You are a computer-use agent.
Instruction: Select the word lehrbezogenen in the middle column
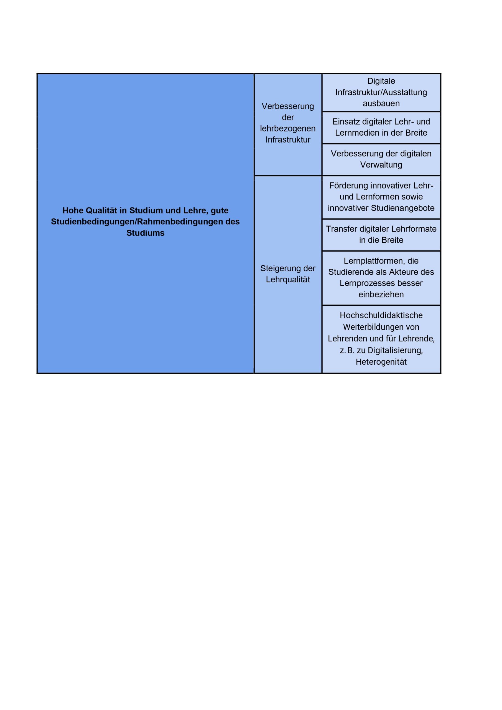[x=287, y=129]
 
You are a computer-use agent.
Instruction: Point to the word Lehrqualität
[x=287, y=280]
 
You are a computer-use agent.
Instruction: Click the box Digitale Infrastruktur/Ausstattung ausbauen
[x=381, y=92]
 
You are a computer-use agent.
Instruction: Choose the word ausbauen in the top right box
[x=381, y=104]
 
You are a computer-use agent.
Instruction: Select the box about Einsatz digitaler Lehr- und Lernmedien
[x=381, y=127]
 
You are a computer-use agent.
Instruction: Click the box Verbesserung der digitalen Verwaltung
[x=381, y=159]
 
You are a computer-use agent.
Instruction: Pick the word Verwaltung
[x=381, y=165]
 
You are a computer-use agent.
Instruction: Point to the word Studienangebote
[x=402, y=208]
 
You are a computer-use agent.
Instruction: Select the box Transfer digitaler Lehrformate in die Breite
[x=381, y=234]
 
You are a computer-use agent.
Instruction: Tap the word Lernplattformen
[x=373, y=261]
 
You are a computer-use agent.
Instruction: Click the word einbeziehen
[x=381, y=294]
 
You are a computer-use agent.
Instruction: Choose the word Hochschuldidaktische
[x=381, y=315]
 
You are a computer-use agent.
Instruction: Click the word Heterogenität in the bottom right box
[x=381, y=362]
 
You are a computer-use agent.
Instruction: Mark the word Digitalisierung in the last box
[x=395, y=350]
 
